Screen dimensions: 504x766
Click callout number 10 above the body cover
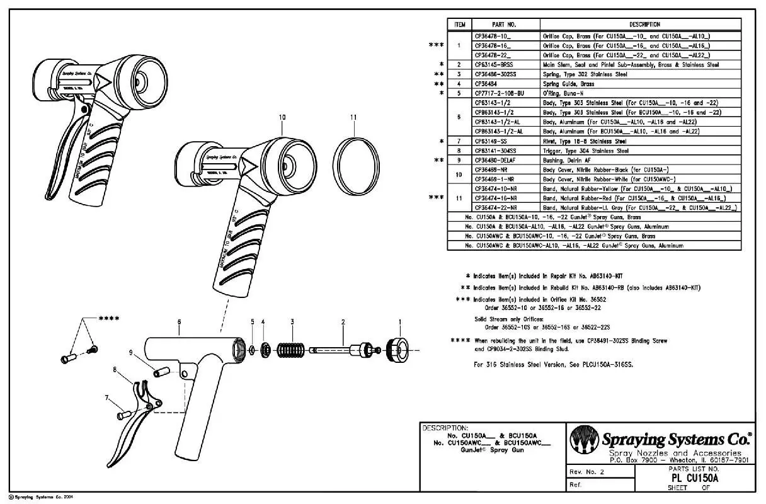coord(282,117)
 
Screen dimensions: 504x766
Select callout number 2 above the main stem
coord(343,322)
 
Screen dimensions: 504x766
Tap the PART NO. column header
coord(504,25)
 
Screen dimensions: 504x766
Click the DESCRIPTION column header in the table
coord(639,25)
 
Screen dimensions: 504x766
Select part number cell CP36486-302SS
coord(498,74)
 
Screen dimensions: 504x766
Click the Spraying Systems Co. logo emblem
coord(584,440)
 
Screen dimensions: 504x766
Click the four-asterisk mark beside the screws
coord(109,318)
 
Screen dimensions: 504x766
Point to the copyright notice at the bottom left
coord(38,497)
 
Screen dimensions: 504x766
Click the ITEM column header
coord(460,25)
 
